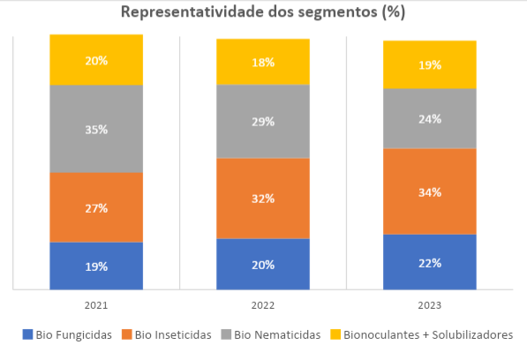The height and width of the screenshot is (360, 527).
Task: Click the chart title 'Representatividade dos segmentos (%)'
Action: pyautogui.click(x=262, y=13)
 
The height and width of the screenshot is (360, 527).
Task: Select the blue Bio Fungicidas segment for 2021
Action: pyautogui.click(x=96, y=266)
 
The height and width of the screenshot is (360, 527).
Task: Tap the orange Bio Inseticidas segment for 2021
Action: pyautogui.click(x=96, y=207)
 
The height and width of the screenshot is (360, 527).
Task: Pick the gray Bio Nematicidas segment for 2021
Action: pyautogui.click(x=96, y=129)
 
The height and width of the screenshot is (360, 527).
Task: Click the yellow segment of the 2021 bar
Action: pyautogui.click(x=96, y=60)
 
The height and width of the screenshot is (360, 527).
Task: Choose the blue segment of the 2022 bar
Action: pyautogui.click(x=263, y=264)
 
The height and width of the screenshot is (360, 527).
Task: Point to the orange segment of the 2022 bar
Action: pyautogui.click(x=263, y=199)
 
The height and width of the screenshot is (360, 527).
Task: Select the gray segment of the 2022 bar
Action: pyautogui.click(x=263, y=121)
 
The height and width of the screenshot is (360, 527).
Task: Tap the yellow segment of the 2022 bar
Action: pyautogui.click(x=263, y=62)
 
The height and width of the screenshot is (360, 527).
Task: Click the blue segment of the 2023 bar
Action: pyautogui.click(x=429, y=262)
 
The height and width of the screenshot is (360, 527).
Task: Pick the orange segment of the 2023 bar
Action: pyautogui.click(x=429, y=191)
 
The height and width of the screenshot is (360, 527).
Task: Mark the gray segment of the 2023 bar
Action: pyautogui.click(x=429, y=118)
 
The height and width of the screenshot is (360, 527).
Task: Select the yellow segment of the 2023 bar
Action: pyautogui.click(x=429, y=64)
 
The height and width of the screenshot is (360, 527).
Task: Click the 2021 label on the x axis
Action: pyautogui.click(x=96, y=305)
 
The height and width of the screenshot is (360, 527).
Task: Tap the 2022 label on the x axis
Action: pyautogui.click(x=263, y=305)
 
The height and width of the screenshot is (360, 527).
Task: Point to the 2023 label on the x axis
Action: pyautogui.click(x=429, y=305)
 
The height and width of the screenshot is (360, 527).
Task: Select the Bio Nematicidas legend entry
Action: pyautogui.click(x=275, y=335)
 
